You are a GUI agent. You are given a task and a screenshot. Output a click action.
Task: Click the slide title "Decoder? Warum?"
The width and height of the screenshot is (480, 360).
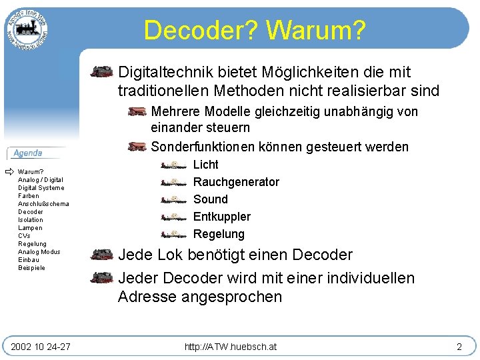[x=254, y=30]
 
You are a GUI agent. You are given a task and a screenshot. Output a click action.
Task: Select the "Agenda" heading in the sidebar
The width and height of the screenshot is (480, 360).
[x=28, y=153]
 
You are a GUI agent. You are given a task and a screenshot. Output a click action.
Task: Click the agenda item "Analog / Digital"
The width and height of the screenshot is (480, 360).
[x=41, y=180]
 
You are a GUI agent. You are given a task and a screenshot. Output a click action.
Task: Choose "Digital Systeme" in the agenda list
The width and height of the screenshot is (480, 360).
[x=41, y=188]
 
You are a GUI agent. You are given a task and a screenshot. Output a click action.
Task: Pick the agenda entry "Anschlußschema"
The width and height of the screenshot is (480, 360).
[x=43, y=204]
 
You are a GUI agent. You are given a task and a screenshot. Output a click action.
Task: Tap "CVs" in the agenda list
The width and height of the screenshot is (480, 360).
[x=24, y=236]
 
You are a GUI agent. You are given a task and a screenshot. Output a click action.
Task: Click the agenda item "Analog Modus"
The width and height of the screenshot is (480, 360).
[x=39, y=252]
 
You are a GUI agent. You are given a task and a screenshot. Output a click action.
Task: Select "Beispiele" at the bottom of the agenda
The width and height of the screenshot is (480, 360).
[x=32, y=268]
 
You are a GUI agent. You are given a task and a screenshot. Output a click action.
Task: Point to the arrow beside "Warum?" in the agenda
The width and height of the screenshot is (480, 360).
[x=9, y=172]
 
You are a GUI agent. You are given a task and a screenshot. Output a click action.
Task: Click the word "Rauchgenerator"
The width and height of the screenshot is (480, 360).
[x=236, y=182]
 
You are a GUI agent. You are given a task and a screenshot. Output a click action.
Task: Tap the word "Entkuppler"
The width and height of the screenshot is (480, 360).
[x=222, y=217]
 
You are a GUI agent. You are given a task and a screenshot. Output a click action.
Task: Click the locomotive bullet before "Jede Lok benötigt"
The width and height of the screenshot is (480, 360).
[x=102, y=255]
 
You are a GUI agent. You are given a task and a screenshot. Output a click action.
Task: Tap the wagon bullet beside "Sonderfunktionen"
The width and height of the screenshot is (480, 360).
[x=137, y=147]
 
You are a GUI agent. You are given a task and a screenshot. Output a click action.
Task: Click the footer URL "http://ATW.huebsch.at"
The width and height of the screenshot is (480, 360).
[x=231, y=347]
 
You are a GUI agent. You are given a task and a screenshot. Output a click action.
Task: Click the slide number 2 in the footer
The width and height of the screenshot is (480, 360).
[x=459, y=347]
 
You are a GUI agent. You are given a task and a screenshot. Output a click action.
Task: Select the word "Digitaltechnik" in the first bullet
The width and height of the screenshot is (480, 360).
[x=158, y=72]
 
